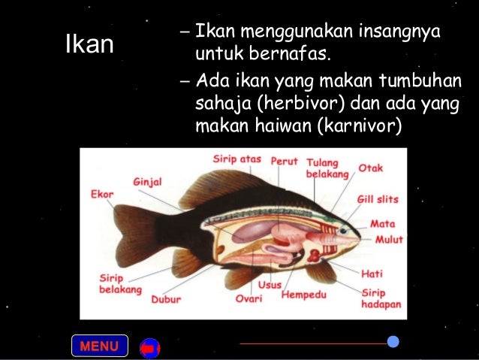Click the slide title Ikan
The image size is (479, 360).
tap(89, 45)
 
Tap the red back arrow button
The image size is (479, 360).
tap(149, 348)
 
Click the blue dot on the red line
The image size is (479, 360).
tap(393, 342)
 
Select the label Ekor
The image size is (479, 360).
tap(102, 194)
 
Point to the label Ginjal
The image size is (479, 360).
tap(147, 182)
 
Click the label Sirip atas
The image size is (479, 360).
tap(237, 159)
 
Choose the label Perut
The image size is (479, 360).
tap(285, 161)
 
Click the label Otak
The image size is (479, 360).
tap(370, 168)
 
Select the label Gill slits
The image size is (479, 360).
tap(378, 200)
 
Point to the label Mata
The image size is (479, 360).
tap(382, 224)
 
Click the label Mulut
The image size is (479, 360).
tap(389, 240)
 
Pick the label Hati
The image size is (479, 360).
tap(372, 274)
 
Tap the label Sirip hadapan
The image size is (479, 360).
tap(381, 298)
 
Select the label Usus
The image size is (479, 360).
tap(270, 285)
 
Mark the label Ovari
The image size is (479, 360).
tap(249, 298)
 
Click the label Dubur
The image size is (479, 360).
tap(166, 298)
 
